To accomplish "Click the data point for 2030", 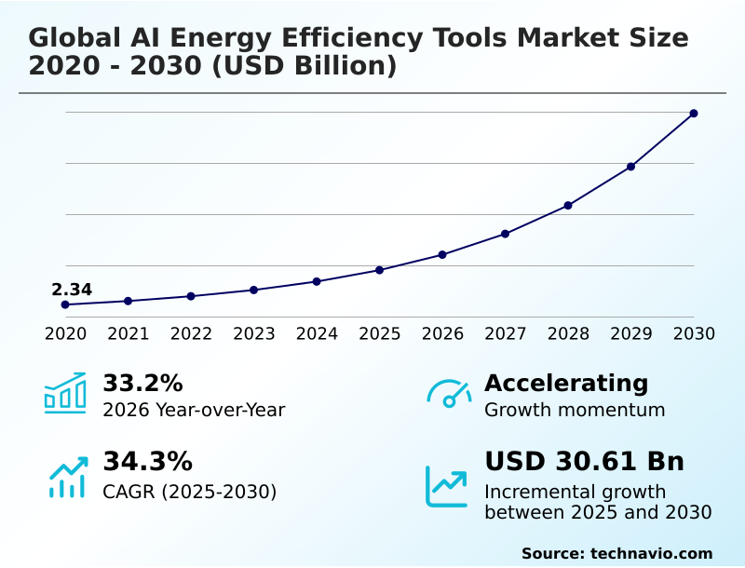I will [694, 114].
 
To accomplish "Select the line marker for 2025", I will [379, 270].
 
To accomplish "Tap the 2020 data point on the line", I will [65, 304].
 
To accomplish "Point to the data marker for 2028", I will [568, 205].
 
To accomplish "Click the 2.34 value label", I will [72, 290].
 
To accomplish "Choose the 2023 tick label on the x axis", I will [253, 333].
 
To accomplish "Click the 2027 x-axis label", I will [505, 333].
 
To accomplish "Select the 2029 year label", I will [630, 333].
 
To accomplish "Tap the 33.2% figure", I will [142, 383].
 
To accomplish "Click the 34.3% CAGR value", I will [147, 461].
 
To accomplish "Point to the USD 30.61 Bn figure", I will [584, 461].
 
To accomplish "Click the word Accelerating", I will [566, 383].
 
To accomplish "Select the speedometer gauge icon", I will [449, 394].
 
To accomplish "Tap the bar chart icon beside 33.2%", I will [65, 393].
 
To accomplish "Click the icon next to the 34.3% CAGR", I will [67, 476].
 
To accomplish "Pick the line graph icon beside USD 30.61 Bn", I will [447, 485].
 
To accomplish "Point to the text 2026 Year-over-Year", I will [194, 410].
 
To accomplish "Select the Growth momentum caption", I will [575, 410].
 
